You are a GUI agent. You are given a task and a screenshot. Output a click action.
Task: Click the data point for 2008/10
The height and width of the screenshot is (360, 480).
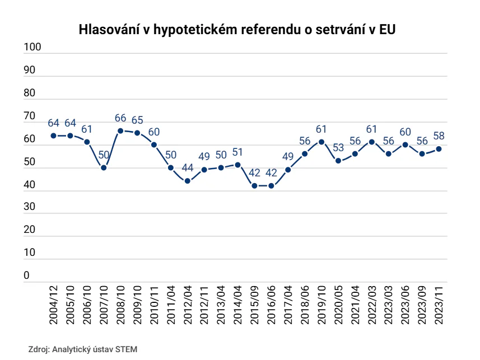pos(120,130)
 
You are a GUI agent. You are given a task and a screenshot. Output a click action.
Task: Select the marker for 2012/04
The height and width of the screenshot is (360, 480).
pos(188,181)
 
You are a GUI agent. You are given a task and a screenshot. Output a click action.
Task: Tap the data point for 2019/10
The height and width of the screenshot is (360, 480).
pos(321,142)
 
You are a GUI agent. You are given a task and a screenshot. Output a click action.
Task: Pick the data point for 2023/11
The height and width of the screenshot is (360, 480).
pos(439,149)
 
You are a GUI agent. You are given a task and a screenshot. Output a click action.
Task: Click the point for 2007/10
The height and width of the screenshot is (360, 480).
pos(104,168)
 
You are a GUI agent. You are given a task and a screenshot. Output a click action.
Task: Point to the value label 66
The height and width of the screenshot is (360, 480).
pos(120,118)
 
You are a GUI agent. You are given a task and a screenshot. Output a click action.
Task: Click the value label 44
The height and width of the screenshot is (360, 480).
pos(188,168)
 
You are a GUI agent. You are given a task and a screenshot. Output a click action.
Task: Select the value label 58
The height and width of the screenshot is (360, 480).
pos(439,135)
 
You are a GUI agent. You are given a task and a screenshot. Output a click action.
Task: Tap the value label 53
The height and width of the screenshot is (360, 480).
pos(338,148)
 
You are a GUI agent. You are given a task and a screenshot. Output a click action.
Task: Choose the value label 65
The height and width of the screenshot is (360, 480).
pos(137,120)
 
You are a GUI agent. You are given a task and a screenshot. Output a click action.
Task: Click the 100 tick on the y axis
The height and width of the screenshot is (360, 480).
pos(32,47)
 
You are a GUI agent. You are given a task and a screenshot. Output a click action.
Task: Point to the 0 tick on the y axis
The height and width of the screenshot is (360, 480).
pos(27,275)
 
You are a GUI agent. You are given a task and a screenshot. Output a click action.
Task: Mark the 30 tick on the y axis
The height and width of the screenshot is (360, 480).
pos(29,207)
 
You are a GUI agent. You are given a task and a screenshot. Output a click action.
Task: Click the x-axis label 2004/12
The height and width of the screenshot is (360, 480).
pos(54,305)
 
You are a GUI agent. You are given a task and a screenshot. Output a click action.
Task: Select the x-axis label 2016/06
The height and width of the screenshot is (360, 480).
pos(271,305)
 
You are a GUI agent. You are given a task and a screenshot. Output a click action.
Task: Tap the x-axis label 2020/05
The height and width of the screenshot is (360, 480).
pos(338,305)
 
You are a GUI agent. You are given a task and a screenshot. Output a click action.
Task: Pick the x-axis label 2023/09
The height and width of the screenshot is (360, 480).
pos(422,305)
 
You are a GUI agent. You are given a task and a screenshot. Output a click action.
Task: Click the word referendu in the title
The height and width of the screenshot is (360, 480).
pos(269,30)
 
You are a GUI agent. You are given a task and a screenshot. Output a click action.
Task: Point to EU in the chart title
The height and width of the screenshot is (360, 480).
pos(387,30)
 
